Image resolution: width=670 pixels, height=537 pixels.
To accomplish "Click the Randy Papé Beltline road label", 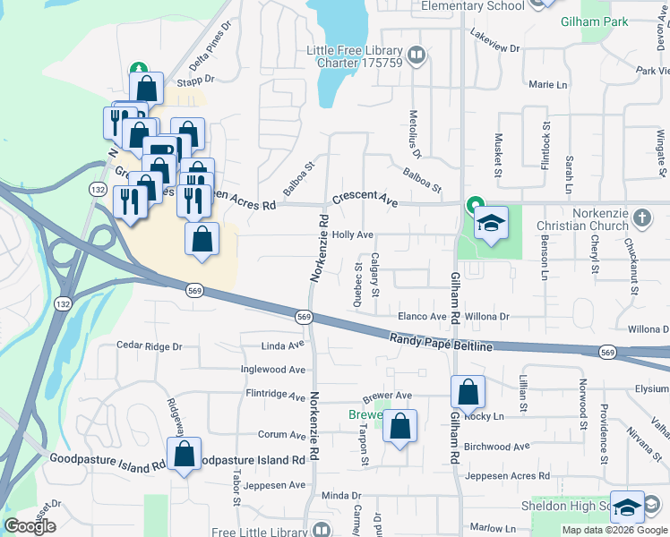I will point(441,341).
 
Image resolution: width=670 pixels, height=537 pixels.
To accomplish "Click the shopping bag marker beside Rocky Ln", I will point(468,392).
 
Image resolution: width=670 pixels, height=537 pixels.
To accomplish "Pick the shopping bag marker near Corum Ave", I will point(400,427).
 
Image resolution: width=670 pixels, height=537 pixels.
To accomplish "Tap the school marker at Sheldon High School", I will point(628,507).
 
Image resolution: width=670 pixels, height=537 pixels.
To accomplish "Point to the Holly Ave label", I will point(352,234).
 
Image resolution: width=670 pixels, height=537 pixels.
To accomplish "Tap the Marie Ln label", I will point(548,84).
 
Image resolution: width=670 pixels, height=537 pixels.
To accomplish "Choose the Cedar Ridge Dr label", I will point(150,346).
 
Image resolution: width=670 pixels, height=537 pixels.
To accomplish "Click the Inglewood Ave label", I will point(273,369).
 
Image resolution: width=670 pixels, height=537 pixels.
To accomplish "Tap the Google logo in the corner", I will point(30,526).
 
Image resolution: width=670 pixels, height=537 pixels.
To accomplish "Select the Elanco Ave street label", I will point(422,317).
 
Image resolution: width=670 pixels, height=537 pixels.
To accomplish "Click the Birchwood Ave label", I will point(497,447).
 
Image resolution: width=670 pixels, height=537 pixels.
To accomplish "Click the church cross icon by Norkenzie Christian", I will point(641,217).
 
